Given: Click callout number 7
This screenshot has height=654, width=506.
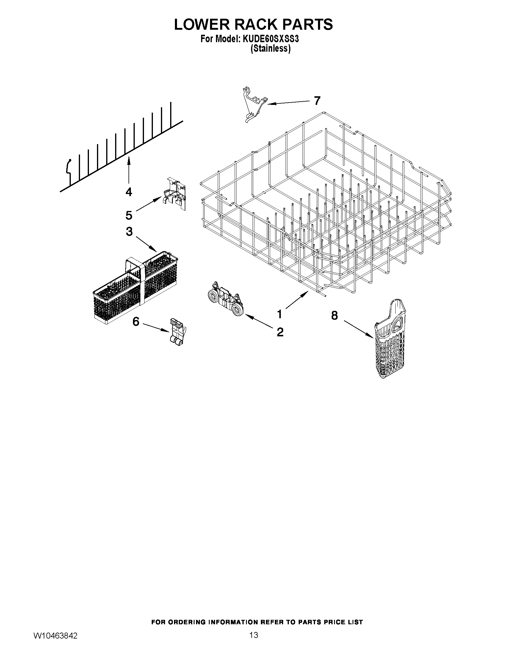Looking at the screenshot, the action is pos(317,101).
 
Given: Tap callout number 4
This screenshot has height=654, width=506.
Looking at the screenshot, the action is pos(129,192).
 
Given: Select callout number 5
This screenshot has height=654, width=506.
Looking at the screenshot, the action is pos(129,215).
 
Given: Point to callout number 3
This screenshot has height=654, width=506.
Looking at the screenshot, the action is pos(129,231).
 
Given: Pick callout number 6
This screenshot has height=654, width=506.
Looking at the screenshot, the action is pos(136,322).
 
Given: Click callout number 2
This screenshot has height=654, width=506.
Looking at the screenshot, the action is pos(280,332).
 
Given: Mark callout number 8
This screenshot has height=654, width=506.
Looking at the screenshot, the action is pos(335,315).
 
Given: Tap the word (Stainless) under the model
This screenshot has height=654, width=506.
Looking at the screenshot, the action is pos(270,48).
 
